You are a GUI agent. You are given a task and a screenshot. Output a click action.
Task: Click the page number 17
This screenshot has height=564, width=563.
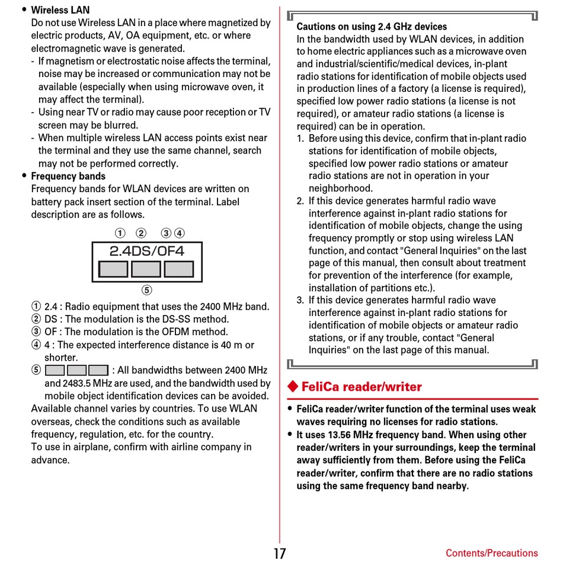pyautogui.click(x=280, y=553)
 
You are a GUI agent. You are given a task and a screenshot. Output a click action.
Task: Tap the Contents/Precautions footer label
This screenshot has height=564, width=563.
pyautogui.click(x=491, y=553)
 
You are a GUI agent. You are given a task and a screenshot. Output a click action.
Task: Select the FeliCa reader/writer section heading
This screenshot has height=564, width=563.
pyautogui.click(x=362, y=387)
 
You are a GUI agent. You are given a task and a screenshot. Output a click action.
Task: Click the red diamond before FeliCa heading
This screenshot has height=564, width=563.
pyautogui.click(x=292, y=387)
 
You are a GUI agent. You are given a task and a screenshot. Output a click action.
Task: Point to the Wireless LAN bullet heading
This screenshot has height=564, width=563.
pyautogui.click(x=60, y=10)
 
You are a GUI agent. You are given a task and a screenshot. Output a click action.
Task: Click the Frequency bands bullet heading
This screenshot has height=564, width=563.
pyautogui.click(x=68, y=176)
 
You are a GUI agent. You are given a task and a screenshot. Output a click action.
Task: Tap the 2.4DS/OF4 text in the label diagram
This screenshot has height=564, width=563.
pyautogui.click(x=146, y=251)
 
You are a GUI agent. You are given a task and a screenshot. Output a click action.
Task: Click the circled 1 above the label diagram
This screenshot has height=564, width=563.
pyautogui.click(x=120, y=233)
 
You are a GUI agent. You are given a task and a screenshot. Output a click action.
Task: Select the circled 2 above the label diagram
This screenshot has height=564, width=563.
pyautogui.click(x=141, y=233)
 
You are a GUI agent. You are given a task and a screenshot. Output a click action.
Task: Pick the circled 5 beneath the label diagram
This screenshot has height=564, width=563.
pyautogui.click(x=146, y=290)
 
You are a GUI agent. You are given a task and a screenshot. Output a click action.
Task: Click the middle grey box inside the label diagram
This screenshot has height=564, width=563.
pyautogui.click(x=146, y=269)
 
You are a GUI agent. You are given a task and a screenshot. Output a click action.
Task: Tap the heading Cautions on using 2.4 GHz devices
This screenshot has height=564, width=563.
pyautogui.click(x=372, y=27)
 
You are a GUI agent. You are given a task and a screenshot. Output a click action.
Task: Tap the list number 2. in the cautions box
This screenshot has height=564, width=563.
pyautogui.click(x=300, y=201)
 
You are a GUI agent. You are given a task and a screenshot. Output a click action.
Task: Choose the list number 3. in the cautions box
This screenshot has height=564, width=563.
pyautogui.click(x=300, y=300)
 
